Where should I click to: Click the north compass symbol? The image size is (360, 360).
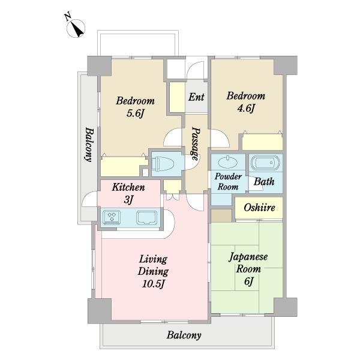coord(76,28)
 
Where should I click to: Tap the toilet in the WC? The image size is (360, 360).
coord(165,164)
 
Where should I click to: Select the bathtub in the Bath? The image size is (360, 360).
coord(265,163)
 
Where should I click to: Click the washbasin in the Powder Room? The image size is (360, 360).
coord(229,162)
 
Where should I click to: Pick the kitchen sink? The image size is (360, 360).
coord(147,217)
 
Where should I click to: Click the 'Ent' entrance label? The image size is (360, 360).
coord(196,97)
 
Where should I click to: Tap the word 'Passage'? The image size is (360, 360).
coord(196,144)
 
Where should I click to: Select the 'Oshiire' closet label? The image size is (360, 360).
coord(259,208)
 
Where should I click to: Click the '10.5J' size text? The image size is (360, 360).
coord(153,284)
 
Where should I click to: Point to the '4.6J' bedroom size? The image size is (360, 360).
coord(246,109)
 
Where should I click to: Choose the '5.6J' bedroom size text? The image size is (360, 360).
coord(135,113)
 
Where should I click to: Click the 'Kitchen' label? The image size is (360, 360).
coord(128,187)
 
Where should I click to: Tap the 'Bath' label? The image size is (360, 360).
coord(264,182)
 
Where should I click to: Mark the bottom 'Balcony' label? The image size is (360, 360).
coord(184,335)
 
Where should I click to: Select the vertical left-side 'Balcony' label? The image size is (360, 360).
coord(89,145)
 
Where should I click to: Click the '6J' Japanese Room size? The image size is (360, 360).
coord(248,281)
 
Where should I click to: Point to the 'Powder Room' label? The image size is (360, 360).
coord(228,182)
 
